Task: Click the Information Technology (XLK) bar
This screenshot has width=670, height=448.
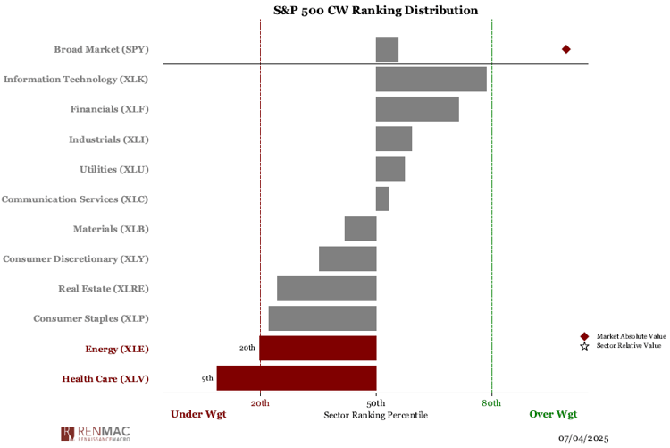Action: [431, 79]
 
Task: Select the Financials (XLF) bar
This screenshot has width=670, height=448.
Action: [417, 109]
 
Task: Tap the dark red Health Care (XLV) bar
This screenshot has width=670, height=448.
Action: [296, 378]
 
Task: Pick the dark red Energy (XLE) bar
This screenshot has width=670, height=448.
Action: [317, 348]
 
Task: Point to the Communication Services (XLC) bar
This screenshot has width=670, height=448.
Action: [381, 199]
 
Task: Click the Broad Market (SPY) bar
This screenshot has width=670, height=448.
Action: [387, 49]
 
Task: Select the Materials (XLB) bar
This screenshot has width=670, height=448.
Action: [360, 229]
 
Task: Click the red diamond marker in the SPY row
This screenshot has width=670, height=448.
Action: [565, 49]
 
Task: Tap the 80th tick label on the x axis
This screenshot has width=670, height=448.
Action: [491, 402]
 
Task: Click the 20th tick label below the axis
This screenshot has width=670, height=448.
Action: [260, 402]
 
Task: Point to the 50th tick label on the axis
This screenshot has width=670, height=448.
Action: [376, 402]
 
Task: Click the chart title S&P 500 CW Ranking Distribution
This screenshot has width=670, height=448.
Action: [375, 11]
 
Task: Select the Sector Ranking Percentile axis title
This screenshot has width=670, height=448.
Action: [376, 415]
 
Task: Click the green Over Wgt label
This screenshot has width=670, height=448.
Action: [553, 414]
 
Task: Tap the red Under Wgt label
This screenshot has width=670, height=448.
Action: [198, 414]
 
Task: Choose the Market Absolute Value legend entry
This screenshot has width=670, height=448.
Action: [630, 335]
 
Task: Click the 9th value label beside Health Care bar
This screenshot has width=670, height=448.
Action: [207, 378]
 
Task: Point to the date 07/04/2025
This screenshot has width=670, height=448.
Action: [584, 439]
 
